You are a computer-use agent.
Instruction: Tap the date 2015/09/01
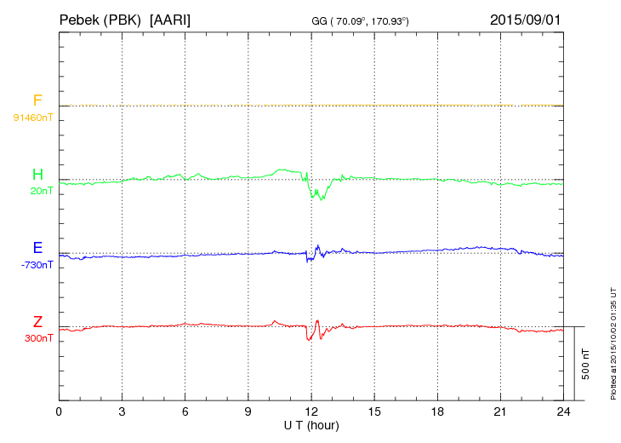[x=525, y=19]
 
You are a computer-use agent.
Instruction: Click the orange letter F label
[x=37, y=101]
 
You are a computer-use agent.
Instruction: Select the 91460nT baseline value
[x=32, y=117]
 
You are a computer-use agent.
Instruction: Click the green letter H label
[x=37, y=175]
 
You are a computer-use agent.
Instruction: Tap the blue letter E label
[x=37, y=248]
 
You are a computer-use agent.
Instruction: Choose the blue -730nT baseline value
[x=37, y=265]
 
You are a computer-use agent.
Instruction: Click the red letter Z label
[x=37, y=322]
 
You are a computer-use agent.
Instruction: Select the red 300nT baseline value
[x=39, y=338]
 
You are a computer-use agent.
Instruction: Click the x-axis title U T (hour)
[x=311, y=425]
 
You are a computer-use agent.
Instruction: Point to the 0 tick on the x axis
[x=59, y=411]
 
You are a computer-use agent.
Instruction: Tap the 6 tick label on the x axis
[x=185, y=411]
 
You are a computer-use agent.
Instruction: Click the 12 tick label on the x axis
[x=311, y=411]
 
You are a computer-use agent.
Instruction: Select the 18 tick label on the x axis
[x=437, y=411]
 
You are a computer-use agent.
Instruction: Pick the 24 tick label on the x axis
[x=563, y=411]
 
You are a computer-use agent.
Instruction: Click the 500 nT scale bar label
[x=585, y=364]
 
